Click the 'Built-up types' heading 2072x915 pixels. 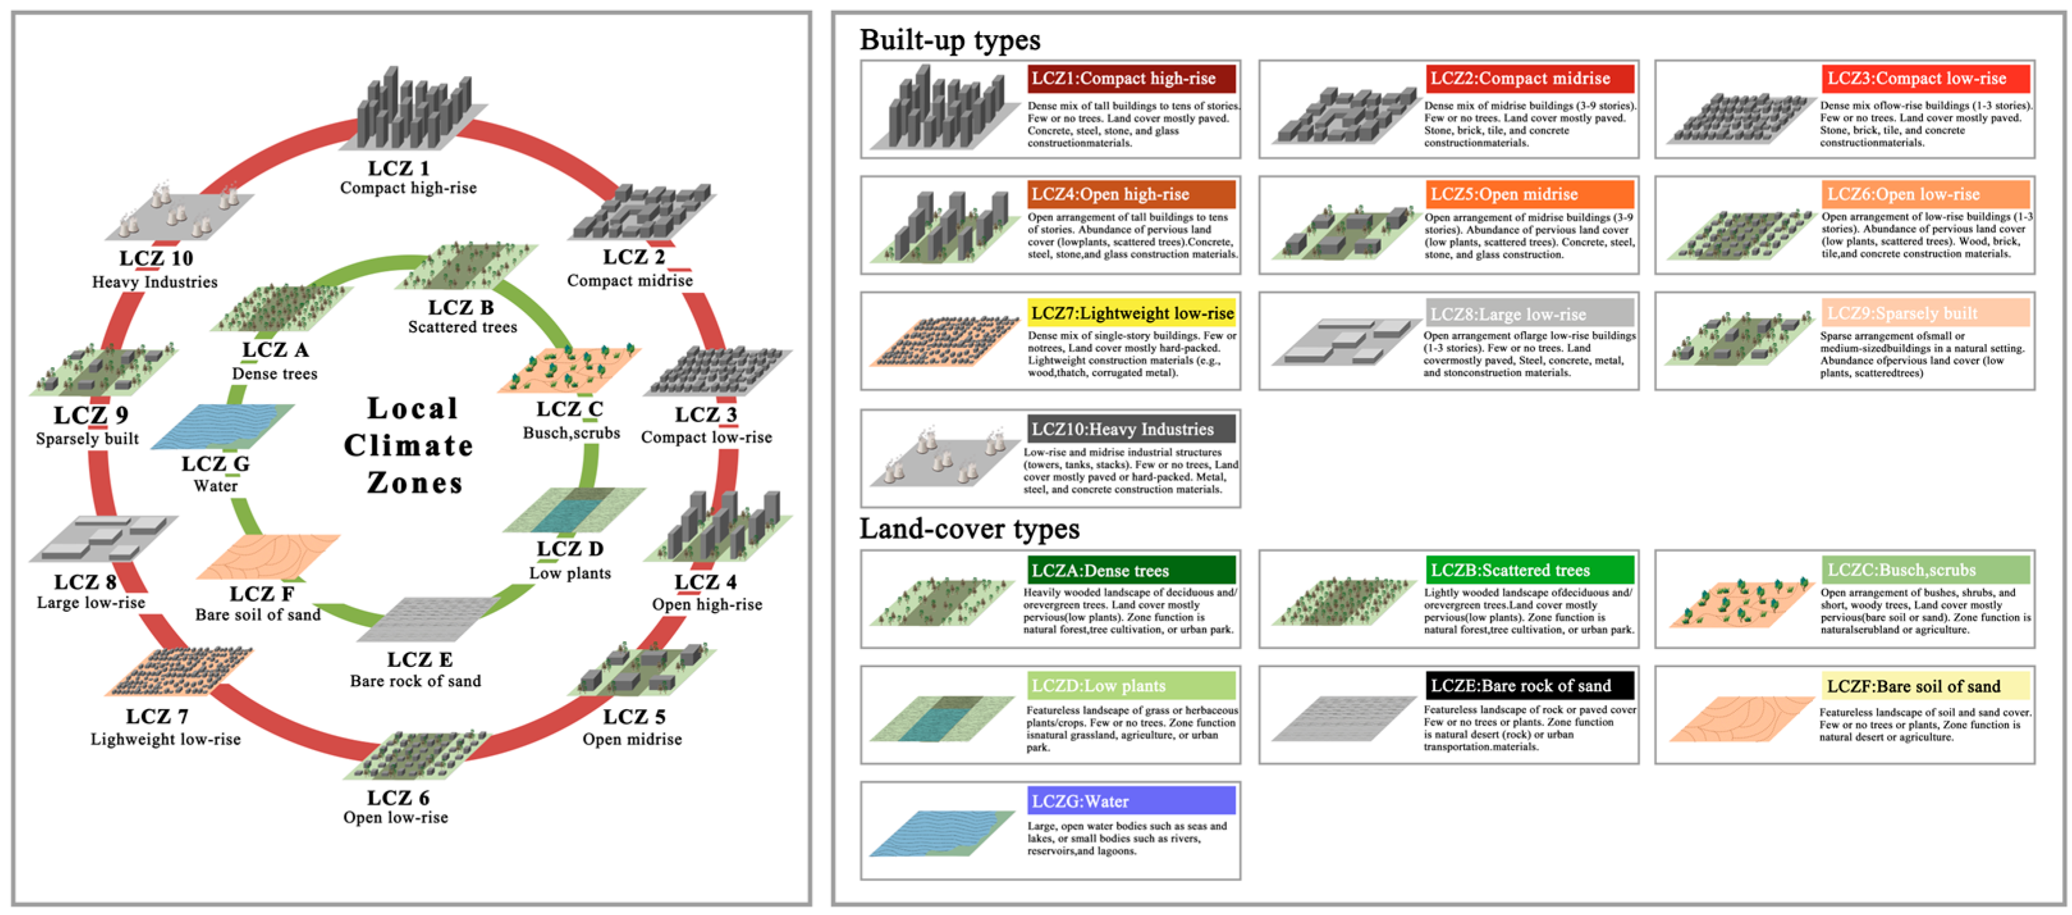949,40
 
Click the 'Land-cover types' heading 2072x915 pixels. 969,529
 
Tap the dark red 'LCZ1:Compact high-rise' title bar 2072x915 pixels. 1132,79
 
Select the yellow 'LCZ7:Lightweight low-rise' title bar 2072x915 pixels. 1132,313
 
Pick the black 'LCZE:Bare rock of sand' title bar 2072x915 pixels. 1528,686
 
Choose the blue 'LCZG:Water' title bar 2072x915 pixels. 1132,801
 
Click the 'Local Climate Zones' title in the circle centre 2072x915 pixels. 410,446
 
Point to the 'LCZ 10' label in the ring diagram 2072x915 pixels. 156,258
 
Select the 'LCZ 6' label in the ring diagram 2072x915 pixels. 397,797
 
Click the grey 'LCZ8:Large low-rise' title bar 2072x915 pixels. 1528,313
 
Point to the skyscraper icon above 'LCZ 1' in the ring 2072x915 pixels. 415,109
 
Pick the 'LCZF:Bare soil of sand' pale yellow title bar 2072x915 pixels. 1924,686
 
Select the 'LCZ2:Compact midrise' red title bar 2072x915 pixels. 1528,79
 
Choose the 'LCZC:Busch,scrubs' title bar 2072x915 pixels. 1924,570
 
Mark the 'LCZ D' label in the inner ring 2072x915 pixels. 569,549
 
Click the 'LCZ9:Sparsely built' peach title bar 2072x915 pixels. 1924,313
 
